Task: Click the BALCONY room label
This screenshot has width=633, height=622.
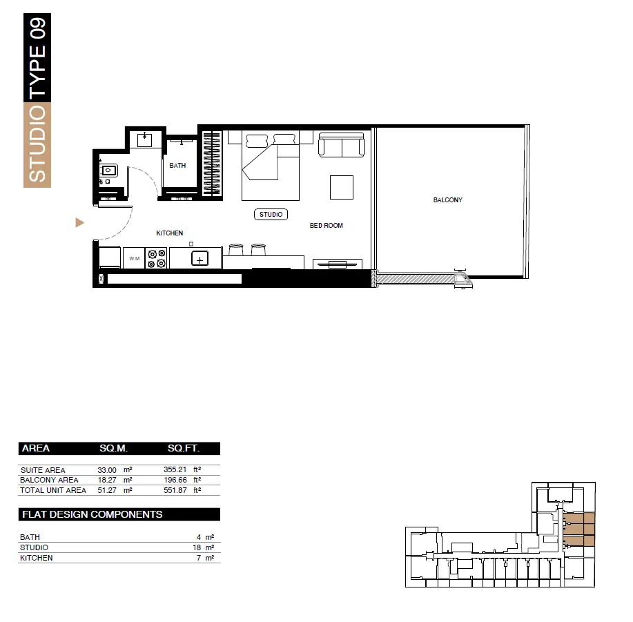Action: [x=448, y=200]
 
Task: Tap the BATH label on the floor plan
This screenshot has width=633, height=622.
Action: [x=177, y=166]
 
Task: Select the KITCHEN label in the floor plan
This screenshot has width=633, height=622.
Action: [x=170, y=233]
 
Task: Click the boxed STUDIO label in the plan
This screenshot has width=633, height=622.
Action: [x=271, y=214]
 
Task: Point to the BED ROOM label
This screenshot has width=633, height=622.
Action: [x=327, y=225]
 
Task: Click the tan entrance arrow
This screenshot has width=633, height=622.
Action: [x=79, y=222]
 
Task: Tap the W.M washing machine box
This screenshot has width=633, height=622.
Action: [x=134, y=258]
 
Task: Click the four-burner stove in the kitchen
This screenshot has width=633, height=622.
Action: [x=157, y=258]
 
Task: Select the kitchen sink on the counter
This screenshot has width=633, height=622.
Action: [x=199, y=259]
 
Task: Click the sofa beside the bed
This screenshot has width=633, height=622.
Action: [x=342, y=145]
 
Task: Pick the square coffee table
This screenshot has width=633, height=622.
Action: [x=342, y=187]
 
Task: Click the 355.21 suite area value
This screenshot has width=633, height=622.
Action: [x=175, y=469]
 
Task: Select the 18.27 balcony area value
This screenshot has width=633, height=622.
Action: [x=107, y=480]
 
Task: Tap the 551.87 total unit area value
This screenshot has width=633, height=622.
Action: [x=175, y=490]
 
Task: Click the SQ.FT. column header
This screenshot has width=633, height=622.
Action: [x=184, y=448]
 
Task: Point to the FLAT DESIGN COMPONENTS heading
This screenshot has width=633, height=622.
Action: [x=92, y=514]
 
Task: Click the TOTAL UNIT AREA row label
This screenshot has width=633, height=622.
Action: [x=53, y=490]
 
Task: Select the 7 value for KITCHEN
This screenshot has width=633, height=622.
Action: [x=199, y=558]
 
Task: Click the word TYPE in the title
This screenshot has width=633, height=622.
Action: [x=37, y=70]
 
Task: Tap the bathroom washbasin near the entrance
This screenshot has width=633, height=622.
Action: [x=108, y=171]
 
